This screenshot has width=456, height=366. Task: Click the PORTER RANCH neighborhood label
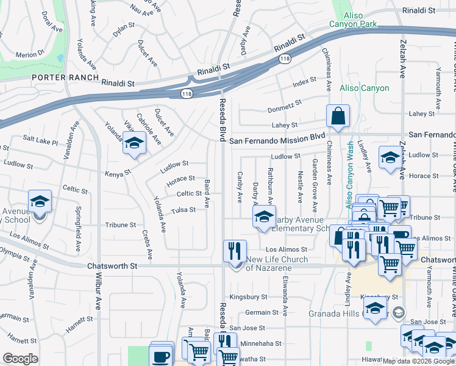(x=65, y=77)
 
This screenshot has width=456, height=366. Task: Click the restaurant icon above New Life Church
(x=235, y=251)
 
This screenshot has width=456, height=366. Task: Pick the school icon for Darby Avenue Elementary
(x=264, y=217)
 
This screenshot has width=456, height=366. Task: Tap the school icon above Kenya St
(x=134, y=144)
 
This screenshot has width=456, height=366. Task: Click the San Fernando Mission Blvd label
(x=277, y=140)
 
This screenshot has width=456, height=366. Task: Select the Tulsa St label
(x=183, y=210)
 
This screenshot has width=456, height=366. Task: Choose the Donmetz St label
(x=285, y=110)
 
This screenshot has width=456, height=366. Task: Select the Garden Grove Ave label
(x=315, y=181)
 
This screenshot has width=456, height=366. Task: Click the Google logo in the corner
(x=20, y=358)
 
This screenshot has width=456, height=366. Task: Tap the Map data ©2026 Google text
(x=418, y=361)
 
